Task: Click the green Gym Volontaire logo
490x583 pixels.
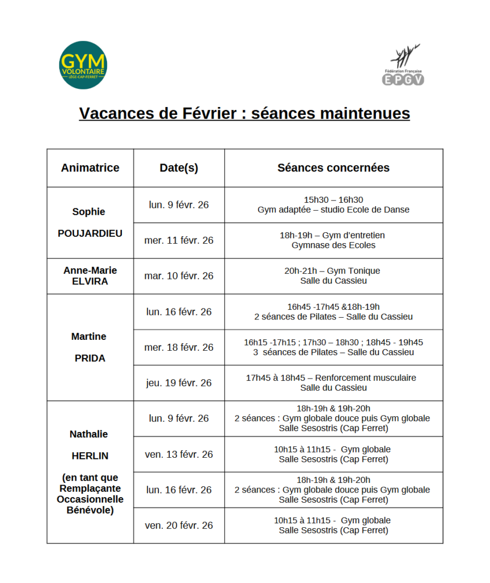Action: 83,65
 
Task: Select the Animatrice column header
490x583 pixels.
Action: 90,168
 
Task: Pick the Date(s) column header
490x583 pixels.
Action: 179,168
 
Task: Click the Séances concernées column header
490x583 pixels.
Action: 333,168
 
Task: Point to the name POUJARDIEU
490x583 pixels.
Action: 90,233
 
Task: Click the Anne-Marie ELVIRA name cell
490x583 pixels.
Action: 90,276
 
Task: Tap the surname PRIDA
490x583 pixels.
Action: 90,359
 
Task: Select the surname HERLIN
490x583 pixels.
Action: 90,456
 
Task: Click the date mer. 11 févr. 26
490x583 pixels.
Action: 179,240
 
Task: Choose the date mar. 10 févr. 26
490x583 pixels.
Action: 179,276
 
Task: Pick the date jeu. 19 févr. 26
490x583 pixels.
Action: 179,383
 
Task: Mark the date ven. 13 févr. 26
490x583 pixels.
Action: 179,454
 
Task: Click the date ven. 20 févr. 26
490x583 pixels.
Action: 179,525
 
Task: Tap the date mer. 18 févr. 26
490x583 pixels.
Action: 179,347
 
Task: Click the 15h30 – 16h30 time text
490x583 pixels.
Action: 333,200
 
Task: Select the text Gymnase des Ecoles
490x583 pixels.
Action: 333,245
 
